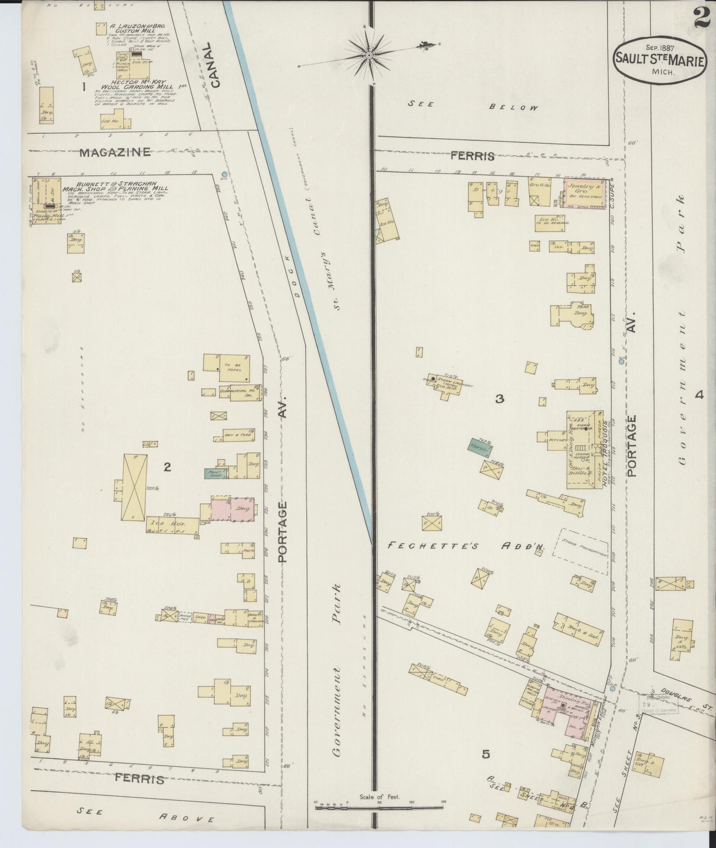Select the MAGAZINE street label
(115, 152)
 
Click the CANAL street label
(214, 65)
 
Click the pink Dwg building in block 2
(233, 509)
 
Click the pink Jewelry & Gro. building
(585, 193)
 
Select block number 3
(499, 398)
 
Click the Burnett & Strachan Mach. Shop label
(115, 189)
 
